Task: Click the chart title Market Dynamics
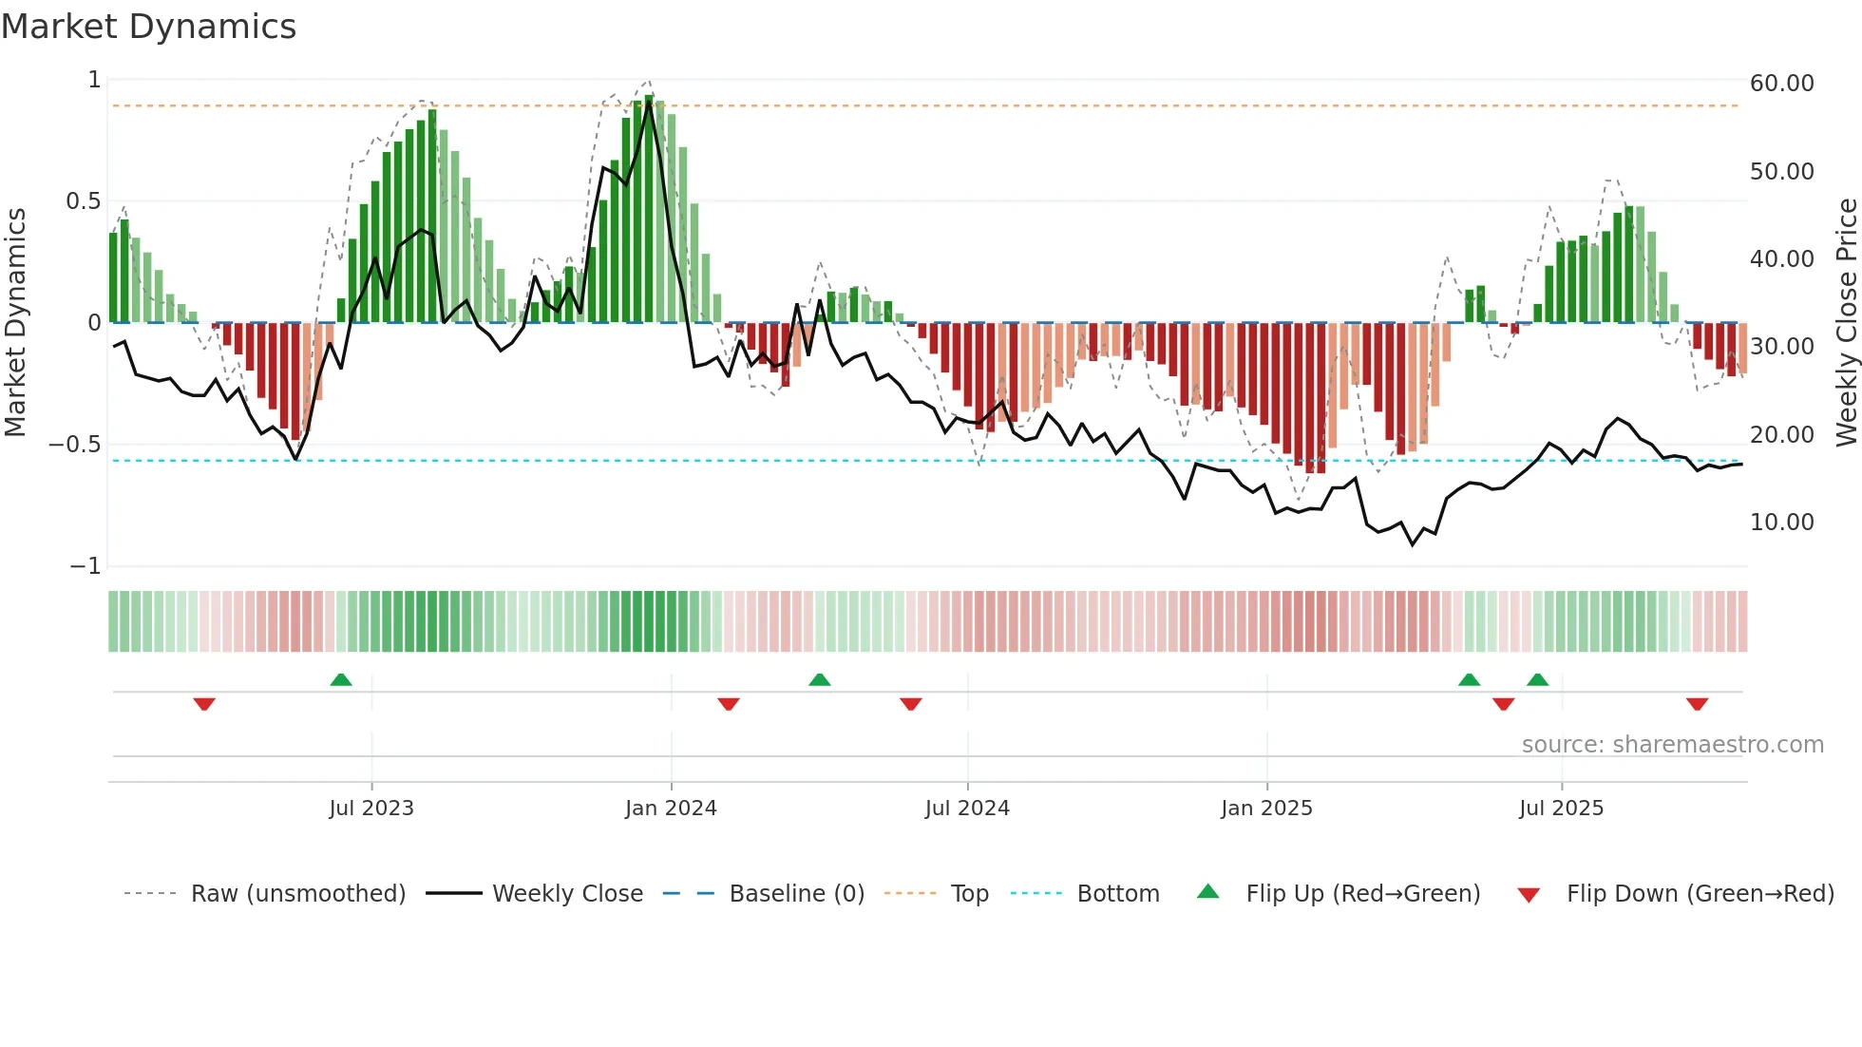click(149, 27)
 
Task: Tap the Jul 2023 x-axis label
click(371, 809)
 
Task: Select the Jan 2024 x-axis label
click(671, 809)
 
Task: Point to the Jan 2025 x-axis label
click(1266, 809)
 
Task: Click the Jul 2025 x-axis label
click(1561, 809)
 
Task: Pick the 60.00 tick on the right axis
click(1781, 84)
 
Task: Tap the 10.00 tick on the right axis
click(1781, 523)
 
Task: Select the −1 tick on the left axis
click(85, 566)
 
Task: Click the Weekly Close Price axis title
click(1846, 323)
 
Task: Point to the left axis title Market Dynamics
click(15, 323)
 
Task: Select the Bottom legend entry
click(1117, 894)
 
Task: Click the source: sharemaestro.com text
click(1672, 745)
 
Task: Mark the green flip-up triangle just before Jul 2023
click(341, 679)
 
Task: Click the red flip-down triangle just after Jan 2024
click(729, 704)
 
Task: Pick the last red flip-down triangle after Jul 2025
click(1698, 704)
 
